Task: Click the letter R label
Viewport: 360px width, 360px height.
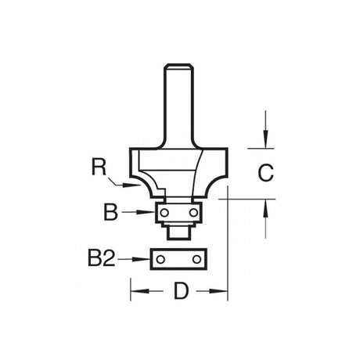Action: [x=99, y=167]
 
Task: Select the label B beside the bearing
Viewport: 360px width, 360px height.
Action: [x=110, y=212]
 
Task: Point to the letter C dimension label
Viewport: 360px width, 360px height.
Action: [x=265, y=173]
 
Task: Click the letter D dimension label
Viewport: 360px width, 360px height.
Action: [x=181, y=291]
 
